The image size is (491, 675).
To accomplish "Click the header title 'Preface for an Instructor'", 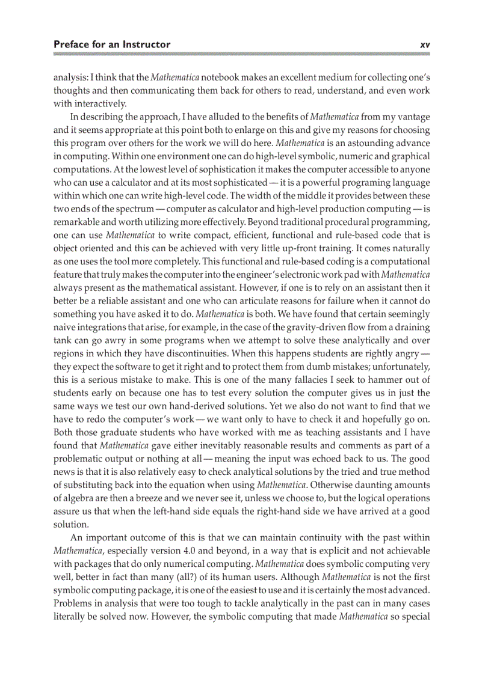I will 112,44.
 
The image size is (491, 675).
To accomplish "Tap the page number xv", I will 424,44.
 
